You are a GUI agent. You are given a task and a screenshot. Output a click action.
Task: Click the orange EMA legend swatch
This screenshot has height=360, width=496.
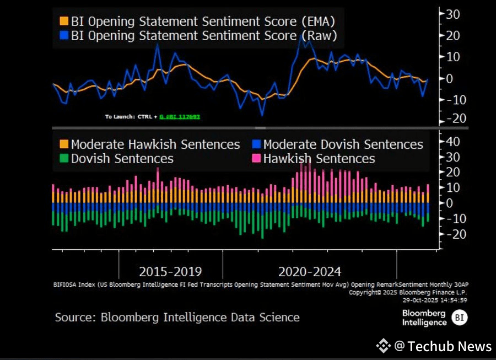coord(64,22)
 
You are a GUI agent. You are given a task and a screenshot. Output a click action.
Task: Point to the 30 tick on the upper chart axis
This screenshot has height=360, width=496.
coord(453,14)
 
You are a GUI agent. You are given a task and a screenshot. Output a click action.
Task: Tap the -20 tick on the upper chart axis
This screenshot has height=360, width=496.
coord(452,119)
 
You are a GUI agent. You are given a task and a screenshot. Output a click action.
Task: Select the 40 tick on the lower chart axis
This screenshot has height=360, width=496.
coord(452,142)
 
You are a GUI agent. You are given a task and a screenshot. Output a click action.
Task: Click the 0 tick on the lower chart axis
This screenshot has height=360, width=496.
coord(450,203)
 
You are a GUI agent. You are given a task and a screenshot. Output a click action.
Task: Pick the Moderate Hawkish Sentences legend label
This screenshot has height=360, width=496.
coord(155,144)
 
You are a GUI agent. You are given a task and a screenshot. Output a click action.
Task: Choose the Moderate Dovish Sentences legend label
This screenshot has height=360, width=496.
coord(343,144)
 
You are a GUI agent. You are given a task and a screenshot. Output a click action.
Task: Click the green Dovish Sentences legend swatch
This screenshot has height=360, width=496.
coord(64,159)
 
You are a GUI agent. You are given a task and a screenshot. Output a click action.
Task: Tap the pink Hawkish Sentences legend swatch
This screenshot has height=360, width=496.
coord(256,159)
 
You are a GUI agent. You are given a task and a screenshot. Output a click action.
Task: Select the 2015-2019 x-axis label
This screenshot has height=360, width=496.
coord(170,271)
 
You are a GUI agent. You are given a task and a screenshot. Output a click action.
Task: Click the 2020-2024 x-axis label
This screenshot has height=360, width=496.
coord(310,271)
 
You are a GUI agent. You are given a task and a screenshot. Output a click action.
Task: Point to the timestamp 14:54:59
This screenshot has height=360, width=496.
coord(451,300)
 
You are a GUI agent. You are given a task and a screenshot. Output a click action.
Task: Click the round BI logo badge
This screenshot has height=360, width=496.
coord(459,317)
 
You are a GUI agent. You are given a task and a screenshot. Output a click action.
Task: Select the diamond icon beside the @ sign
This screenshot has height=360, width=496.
coord(384,346)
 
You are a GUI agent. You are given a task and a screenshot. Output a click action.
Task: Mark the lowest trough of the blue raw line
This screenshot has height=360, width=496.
coord(262,114)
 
